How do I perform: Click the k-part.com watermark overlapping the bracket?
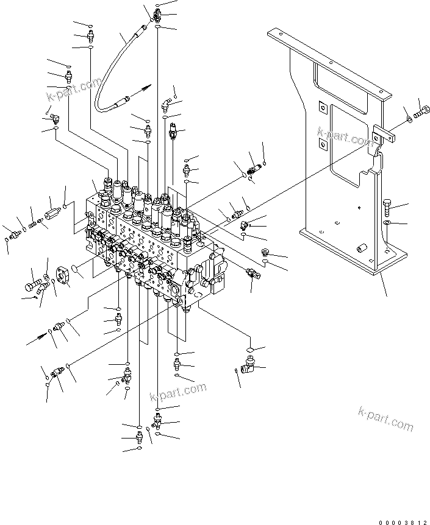pyautogui.click(x=345, y=136)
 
